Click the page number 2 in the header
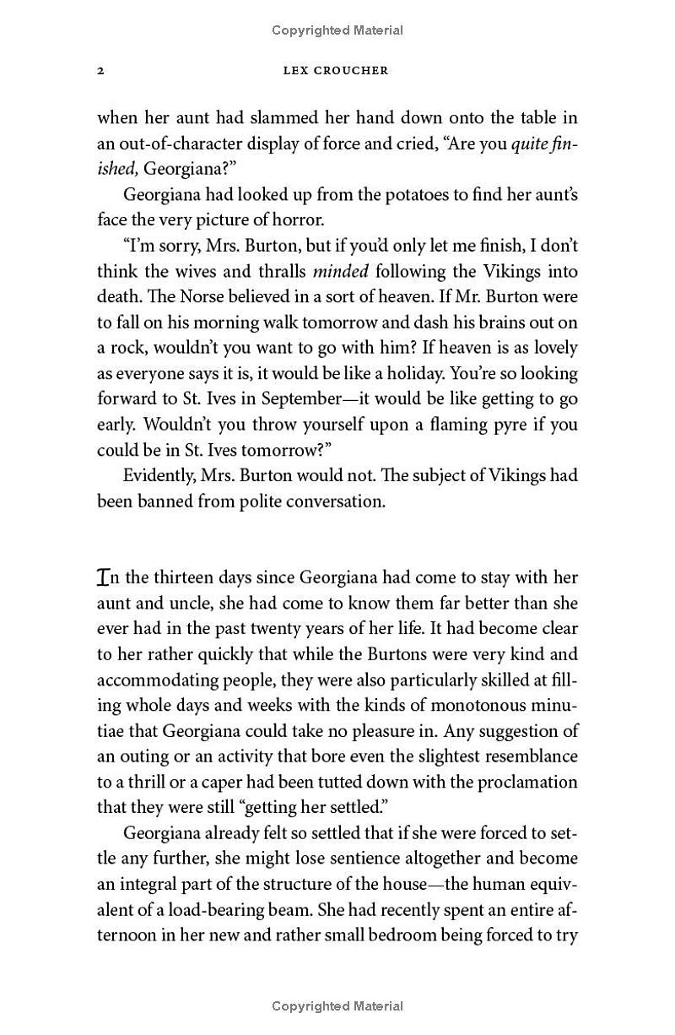click(100, 71)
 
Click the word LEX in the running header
click(297, 71)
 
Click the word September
click(305, 398)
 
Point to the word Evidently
click(159, 475)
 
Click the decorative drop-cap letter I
click(104, 577)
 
